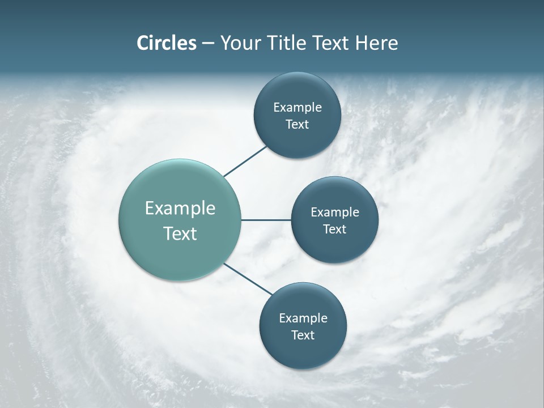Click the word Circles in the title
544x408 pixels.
pos(166,43)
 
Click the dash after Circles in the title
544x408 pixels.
pos(208,44)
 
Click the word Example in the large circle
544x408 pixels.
pos(180,209)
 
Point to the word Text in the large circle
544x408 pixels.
pos(180,233)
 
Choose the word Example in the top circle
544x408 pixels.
pos(297,108)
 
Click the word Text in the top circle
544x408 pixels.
pos(297,125)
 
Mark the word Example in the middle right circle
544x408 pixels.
pos(335,212)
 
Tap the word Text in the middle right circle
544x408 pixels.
pos(335,229)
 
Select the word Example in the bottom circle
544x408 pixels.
pos(303,318)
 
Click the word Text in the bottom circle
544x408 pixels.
pos(303,335)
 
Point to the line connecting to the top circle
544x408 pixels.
pos(245,161)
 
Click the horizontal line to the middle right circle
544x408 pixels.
pos(266,220)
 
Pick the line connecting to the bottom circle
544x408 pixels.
pos(248,278)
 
